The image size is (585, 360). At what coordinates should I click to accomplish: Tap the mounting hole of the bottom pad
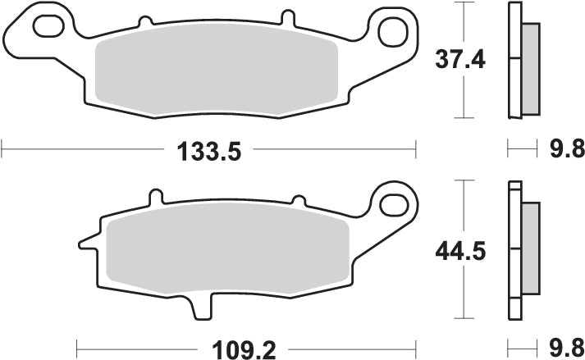(x=395, y=201)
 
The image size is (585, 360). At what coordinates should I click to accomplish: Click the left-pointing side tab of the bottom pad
(x=88, y=242)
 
